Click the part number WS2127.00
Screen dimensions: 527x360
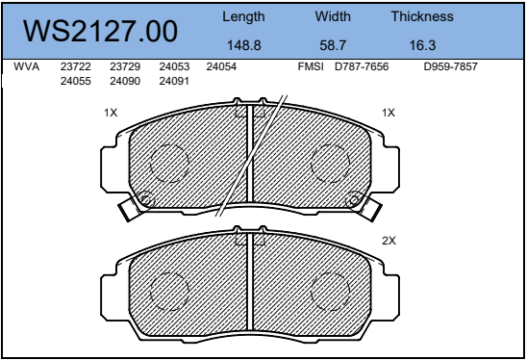[100, 32]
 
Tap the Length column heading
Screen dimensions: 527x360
[243, 16]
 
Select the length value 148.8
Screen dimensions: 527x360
[244, 45]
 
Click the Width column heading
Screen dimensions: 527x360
[333, 16]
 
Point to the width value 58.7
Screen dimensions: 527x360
[333, 45]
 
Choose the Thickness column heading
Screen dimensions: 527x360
[422, 16]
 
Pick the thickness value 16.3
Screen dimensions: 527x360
[422, 45]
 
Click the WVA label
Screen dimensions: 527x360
[27, 66]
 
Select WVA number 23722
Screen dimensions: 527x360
[76, 66]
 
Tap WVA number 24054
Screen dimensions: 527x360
[221, 66]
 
